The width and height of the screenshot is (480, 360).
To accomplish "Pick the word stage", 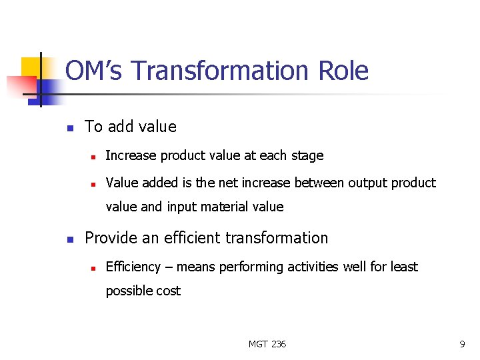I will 307,155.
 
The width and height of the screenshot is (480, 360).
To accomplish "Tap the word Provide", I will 110,238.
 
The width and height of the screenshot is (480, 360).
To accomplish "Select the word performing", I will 253,267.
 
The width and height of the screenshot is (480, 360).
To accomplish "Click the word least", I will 404,267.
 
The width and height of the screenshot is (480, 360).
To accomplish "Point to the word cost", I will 167,291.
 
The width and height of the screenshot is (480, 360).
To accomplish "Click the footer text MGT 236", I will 267,344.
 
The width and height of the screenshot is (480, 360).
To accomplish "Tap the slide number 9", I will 462,344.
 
